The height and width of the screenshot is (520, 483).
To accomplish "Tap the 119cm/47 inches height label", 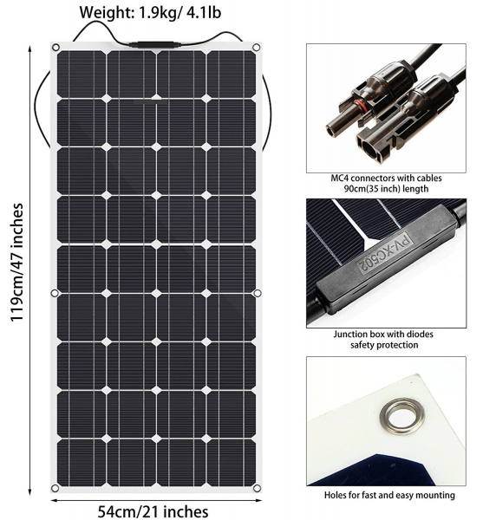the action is [x=16, y=262].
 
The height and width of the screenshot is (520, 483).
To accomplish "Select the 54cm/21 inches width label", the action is [x=153, y=511].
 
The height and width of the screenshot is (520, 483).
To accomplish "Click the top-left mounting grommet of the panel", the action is [x=55, y=48].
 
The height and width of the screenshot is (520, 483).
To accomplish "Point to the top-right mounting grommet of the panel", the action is [x=256, y=48].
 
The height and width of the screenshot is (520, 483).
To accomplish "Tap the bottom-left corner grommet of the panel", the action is [x=55, y=488].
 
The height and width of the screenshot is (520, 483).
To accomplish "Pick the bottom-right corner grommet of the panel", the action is [x=257, y=488].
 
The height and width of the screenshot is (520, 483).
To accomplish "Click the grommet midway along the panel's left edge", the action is [x=55, y=293].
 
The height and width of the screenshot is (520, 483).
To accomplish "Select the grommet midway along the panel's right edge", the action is [x=257, y=293].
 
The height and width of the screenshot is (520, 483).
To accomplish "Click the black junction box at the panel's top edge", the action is [x=151, y=45].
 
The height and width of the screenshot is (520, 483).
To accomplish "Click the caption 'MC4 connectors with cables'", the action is [x=386, y=178].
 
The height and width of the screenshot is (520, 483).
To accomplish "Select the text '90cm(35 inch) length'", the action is [x=386, y=189].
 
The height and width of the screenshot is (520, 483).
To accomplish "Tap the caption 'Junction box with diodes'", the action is [x=383, y=334].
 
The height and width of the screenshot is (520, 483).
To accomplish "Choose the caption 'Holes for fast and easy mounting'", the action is [x=389, y=495].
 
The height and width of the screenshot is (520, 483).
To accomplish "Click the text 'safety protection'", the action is [x=384, y=345].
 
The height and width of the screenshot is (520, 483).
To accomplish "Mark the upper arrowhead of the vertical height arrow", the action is [x=30, y=49].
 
